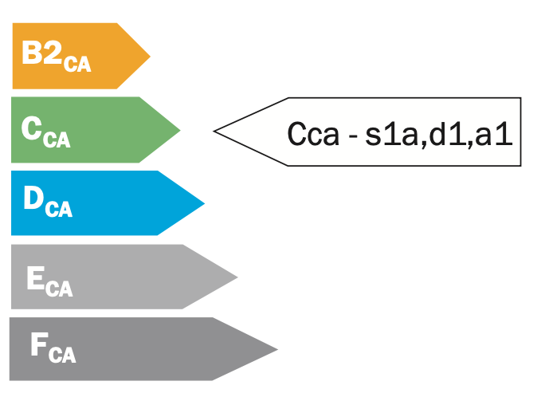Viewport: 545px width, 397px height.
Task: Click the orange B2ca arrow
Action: (x=80, y=56)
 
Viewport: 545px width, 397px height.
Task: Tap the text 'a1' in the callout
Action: (x=490, y=133)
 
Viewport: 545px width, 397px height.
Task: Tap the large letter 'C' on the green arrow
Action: (x=32, y=128)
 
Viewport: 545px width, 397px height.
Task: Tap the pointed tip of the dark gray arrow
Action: (x=276, y=349)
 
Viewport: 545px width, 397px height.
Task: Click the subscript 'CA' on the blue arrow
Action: (x=59, y=210)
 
